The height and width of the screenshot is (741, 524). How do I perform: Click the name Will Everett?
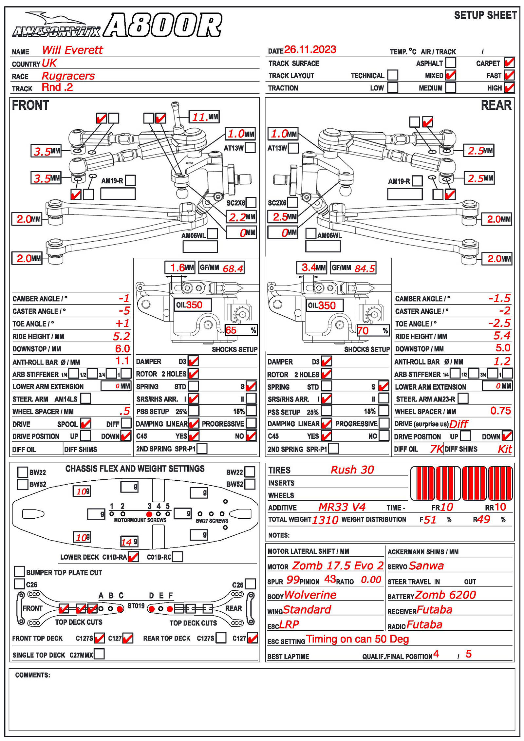(x=72, y=50)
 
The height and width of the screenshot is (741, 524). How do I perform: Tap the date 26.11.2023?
(x=310, y=49)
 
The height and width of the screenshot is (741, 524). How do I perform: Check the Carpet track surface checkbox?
(x=509, y=62)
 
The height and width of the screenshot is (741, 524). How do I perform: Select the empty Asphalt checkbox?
(x=451, y=62)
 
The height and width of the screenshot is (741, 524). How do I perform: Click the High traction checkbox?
(x=509, y=87)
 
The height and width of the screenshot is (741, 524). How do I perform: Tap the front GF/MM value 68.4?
(x=233, y=269)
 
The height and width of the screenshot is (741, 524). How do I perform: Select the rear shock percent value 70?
(x=363, y=331)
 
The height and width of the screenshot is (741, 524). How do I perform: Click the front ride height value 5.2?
(x=122, y=336)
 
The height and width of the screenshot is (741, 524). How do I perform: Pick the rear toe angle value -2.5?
(x=499, y=324)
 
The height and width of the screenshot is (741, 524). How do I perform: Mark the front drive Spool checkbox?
(x=85, y=423)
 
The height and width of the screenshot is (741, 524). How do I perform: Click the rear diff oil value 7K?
(x=437, y=449)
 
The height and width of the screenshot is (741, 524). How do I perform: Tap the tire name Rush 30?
(x=352, y=470)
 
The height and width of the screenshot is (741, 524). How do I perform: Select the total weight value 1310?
(x=325, y=520)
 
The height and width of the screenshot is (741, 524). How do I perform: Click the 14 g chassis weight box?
(x=129, y=542)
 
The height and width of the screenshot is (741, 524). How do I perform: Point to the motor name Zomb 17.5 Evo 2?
(x=338, y=565)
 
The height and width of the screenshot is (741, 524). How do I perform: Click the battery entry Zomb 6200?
(x=445, y=595)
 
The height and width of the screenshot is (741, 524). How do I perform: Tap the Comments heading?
(x=32, y=675)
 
